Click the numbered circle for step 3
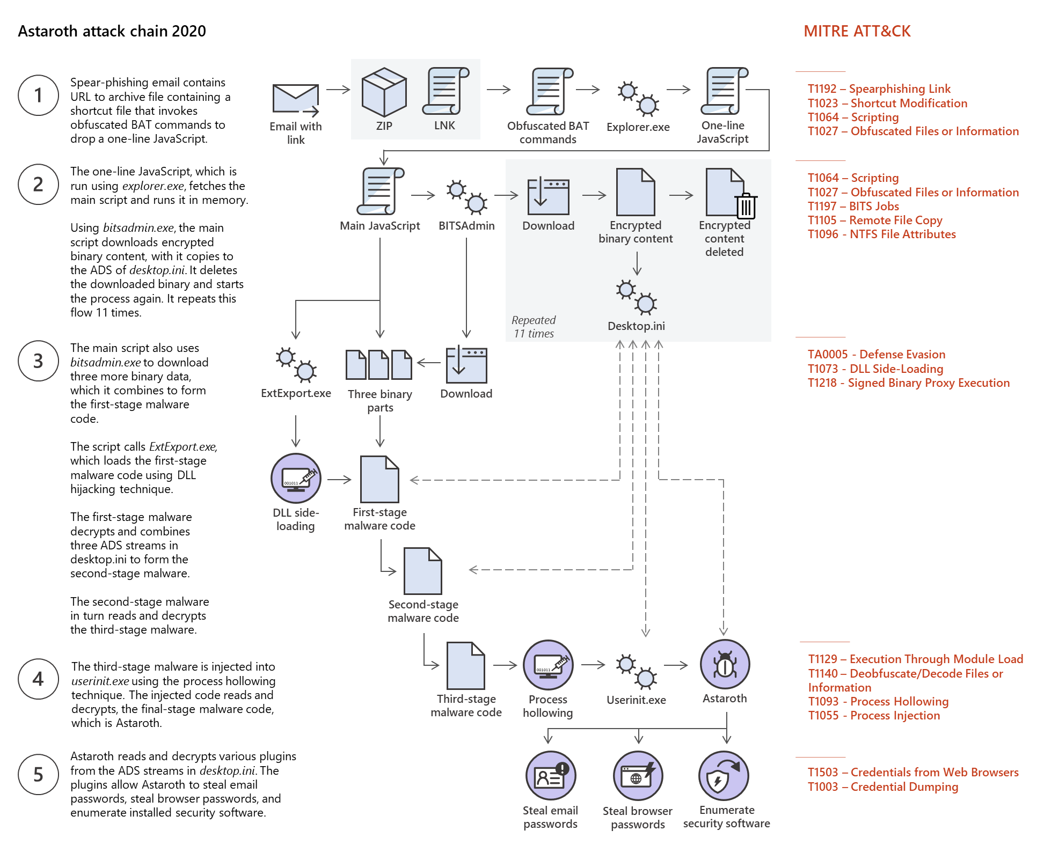(x=38, y=361)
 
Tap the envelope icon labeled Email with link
(x=296, y=99)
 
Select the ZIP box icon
(x=384, y=92)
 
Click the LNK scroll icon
(x=445, y=91)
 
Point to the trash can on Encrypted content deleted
(x=746, y=207)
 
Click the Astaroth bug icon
(x=725, y=665)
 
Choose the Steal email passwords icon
(x=551, y=776)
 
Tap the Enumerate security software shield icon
(x=724, y=776)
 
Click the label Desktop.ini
(x=636, y=326)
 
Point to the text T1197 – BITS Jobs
(x=853, y=207)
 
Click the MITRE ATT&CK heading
(x=857, y=31)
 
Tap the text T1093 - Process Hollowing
(x=878, y=702)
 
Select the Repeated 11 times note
(x=534, y=327)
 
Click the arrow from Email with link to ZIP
(x=338, y=90)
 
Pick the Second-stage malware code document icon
(x=423, y=571)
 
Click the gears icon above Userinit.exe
(x=636, y=671)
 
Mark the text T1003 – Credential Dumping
(x=882, y=787)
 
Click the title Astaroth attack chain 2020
(x=112, y=31)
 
